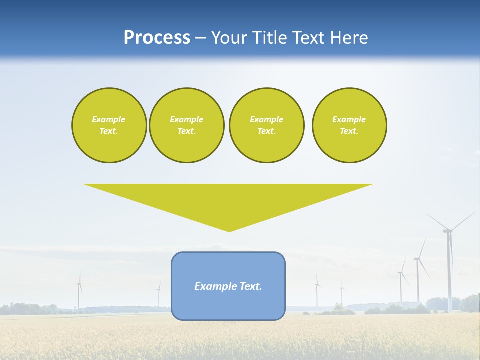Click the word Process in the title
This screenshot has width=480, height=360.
tap(157, 38)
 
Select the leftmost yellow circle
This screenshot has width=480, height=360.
tap(109, 125)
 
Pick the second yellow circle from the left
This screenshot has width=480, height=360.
tap(186, 125)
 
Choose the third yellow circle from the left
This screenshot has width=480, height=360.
tap(266, 125)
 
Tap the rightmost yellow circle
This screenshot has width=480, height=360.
tap(349, 125)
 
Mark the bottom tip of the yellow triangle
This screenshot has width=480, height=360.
tap(229, 230)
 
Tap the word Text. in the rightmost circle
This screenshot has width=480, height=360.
tap(349, 131)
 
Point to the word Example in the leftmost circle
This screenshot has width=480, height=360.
tap(109, 119)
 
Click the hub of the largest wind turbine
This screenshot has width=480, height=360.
tap(447, 230)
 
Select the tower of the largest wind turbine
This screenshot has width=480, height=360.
tap(449, 275)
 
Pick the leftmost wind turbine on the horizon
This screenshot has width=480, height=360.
tap(79, 292)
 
